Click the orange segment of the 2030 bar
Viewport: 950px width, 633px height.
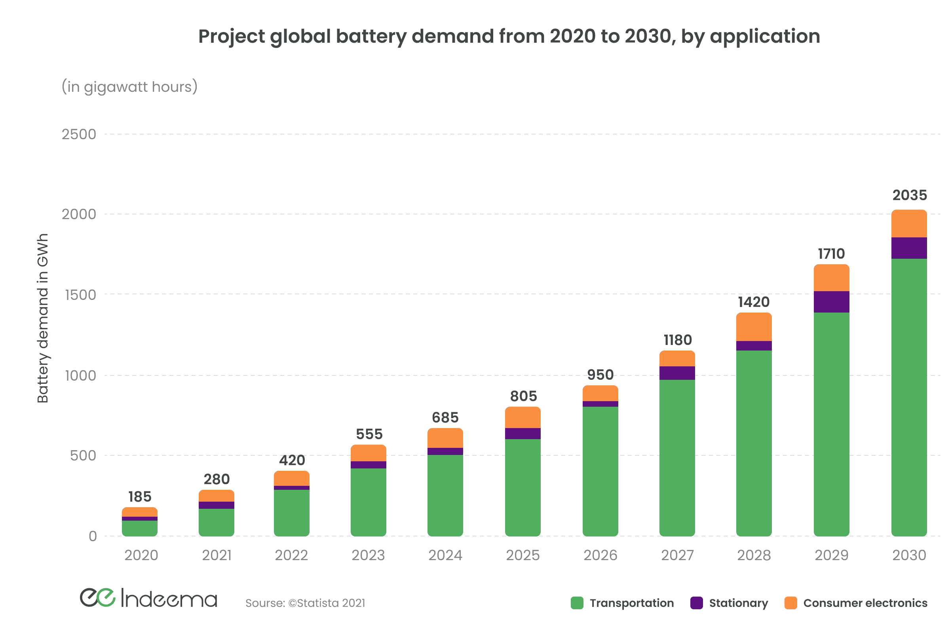pos(909,224)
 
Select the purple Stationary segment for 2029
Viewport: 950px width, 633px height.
pos(831,301)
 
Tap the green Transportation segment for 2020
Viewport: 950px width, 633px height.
pos(140,528)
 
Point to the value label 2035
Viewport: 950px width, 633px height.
pos(910,195)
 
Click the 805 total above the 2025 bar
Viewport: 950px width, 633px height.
pos(523,396)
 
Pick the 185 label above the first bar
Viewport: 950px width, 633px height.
pos(140,497)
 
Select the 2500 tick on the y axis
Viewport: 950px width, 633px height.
pos(79,135)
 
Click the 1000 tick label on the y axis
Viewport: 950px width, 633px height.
pos(80,376)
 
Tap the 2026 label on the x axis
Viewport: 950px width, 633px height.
pos(600,555)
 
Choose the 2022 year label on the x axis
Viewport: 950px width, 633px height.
pos(291,555)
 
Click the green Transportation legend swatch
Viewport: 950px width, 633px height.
pos(577,603)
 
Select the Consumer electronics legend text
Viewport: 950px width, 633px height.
pos(865,603)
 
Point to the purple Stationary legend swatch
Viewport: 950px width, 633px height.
pos(696,603)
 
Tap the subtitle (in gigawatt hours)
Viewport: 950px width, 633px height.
pos(129,87)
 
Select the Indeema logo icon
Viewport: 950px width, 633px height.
pos(98,597)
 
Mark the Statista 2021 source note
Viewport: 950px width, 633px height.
pos(305,603)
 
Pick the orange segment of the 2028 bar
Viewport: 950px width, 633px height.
pos(754,327)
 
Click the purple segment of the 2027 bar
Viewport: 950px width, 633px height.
pos(677,373)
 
